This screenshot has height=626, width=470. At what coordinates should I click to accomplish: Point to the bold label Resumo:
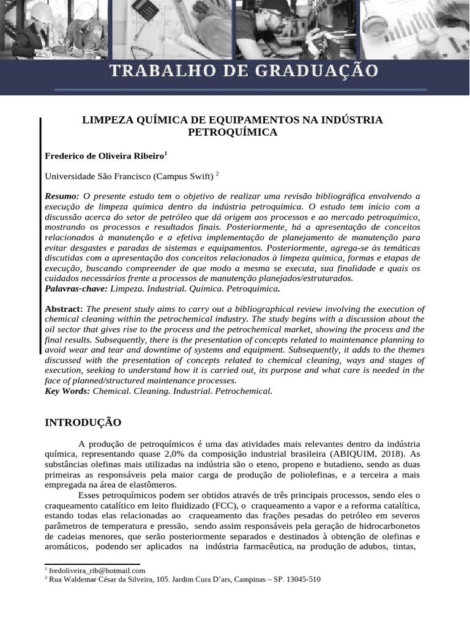point(62,196)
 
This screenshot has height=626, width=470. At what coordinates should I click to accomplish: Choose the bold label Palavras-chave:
point(76,288)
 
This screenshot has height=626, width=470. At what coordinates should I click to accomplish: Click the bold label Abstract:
point(64,309)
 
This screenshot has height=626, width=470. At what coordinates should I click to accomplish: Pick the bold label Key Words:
point(67,391)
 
